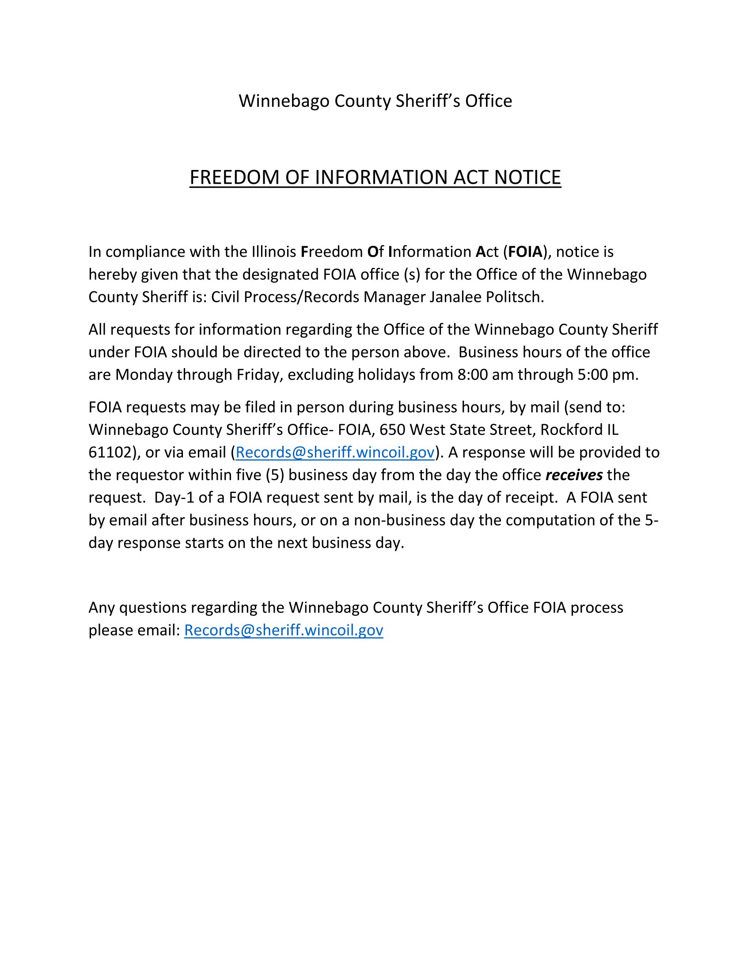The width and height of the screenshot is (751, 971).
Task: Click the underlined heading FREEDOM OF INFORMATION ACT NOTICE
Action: (375, 177)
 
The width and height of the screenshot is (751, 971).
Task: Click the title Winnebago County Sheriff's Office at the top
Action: (375, 101)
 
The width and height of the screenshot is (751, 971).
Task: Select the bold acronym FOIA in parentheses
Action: (525, 252)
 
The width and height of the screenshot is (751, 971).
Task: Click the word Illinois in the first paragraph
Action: (273, 252)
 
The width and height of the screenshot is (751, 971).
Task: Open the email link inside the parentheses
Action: (334, 452)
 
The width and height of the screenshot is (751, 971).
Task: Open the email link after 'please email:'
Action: (284, 630)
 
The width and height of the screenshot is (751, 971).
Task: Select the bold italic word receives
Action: (574, 475)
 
